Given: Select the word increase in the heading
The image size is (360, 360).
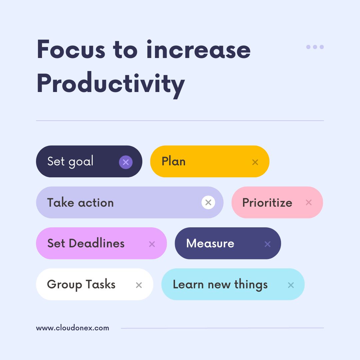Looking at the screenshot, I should click(x=198, y=50).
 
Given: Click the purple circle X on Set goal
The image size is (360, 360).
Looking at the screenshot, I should click(x=126, y=162).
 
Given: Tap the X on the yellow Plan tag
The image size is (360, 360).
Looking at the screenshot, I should click(x=255, y=162).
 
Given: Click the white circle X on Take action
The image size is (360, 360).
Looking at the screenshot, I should click(x=208, y=202).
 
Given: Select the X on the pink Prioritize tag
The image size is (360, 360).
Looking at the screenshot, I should click(x=309, y=202).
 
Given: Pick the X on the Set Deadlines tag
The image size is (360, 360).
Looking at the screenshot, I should click(x=152, y=244).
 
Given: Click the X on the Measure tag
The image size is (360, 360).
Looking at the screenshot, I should click(x=267, y=244).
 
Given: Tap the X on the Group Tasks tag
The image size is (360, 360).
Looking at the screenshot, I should click(x=139, y=285).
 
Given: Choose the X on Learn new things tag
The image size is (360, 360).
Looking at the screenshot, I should click(x=291, y=285).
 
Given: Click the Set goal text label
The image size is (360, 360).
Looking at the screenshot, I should click(x=70, y=162).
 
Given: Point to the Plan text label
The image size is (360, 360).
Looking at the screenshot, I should click(x=173, y=161).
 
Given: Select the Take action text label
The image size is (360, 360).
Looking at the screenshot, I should click(x=80, y=203).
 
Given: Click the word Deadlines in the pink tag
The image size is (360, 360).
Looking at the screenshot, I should click(x=97, y=243).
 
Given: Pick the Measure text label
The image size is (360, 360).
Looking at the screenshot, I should click(x=210, y=243).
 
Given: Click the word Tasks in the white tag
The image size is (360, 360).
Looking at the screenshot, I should click(x=100, y=285).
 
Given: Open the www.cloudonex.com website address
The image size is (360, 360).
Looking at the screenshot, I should click(x=72, y=328).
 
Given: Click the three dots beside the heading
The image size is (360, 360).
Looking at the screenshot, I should click(x=315, y=47).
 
